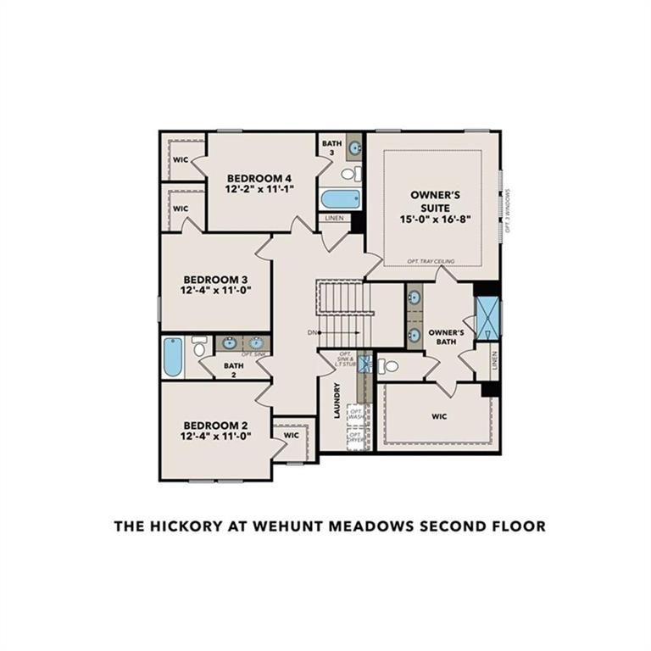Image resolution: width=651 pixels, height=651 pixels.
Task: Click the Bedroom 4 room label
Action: pyautogui.click(x=259, y=178)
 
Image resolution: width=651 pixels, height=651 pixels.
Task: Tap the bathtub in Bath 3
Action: pyautogui.click(x=341, y=199)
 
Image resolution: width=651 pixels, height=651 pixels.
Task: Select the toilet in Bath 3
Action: pyautogui.click(x=349, y=174)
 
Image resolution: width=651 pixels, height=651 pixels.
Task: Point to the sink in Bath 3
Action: pyautogui.click(x=354, y=147)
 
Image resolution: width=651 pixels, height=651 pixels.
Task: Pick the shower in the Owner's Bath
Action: pyautogui.click(x=488, y=319)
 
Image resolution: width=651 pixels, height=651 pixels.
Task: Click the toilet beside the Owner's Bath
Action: pyautogui.click(x=387, y=366)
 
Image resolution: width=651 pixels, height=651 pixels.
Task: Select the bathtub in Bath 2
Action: pyautogui.click(x=173, y=357)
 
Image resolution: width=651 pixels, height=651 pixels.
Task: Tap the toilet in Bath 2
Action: pyautogui.click(x=199, y=345)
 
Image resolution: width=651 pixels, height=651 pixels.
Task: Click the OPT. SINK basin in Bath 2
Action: pyautogui.click(x=255, y=343)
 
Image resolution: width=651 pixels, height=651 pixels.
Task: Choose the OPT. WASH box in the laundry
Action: pyautogui.click(x=356, y=415)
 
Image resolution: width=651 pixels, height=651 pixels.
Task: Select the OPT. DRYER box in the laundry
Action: pyautogui.click(x=356, y=438)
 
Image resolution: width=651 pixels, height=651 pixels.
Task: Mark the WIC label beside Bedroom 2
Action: pyautogui.click(x=292, y=436)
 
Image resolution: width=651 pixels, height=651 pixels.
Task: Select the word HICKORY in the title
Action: pyautogui.click(x=185, y=526)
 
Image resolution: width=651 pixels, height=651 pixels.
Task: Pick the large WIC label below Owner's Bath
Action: pyautogui.click(x=439, y=416)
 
